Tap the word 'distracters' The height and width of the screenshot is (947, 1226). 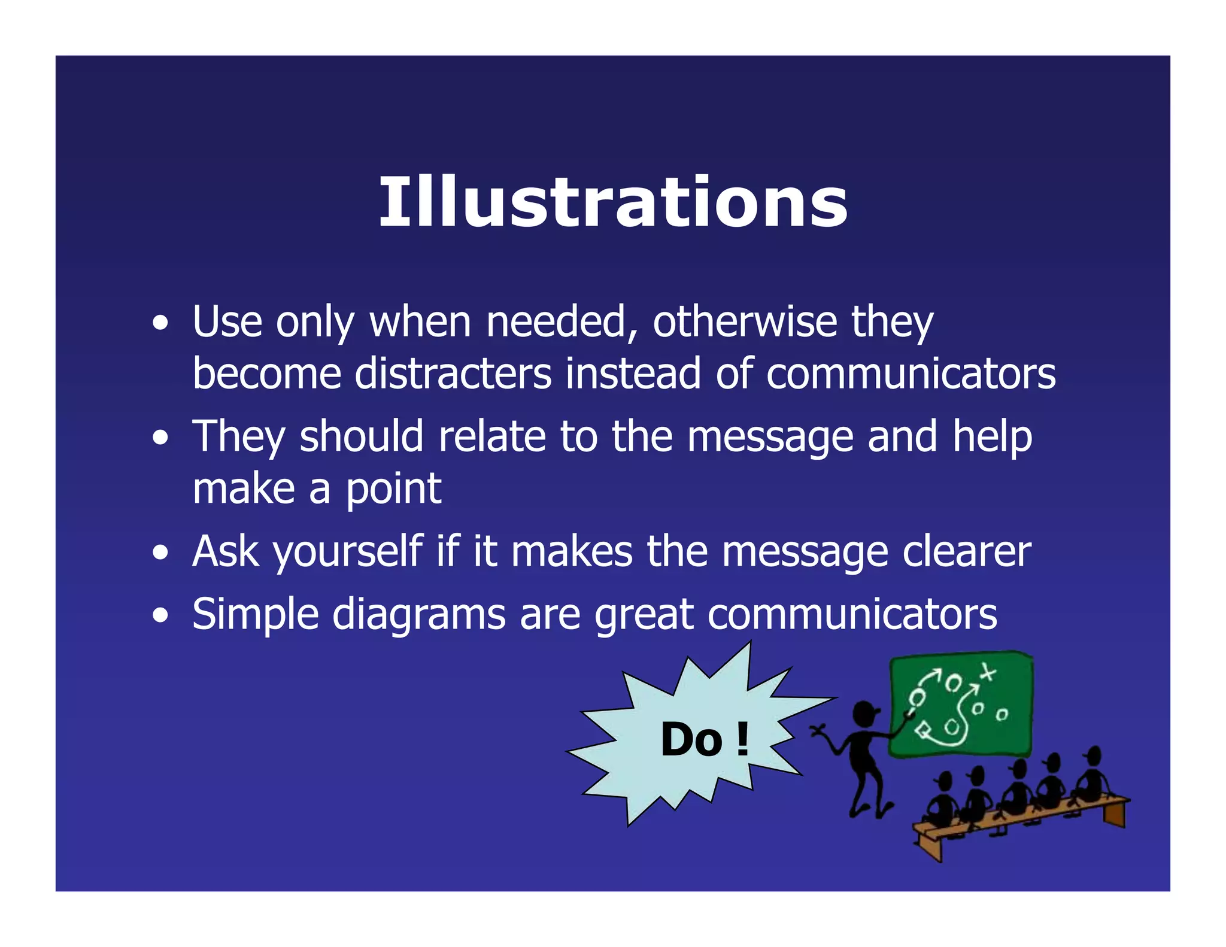tap(453, 374)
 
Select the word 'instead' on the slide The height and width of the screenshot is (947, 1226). tap(633, 374)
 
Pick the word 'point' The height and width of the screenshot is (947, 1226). tap(393, 489)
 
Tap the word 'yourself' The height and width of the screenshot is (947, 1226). tap(348, 551)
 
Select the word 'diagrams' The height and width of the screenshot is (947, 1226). tap(418, 614)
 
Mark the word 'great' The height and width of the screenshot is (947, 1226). tap(644, 614)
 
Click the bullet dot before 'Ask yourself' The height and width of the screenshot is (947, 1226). tap(160, 553)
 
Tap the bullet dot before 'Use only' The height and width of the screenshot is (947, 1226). tap(160, 324)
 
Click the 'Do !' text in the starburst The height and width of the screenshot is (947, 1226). tap(704, 740)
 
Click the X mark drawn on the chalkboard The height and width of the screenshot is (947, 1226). tap(987, 672)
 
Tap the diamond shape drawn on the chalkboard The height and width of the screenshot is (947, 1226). tap(922, 730)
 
